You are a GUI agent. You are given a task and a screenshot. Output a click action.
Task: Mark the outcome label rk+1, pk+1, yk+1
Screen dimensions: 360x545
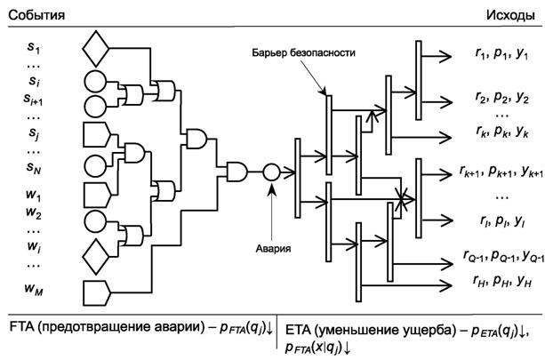point(498,169)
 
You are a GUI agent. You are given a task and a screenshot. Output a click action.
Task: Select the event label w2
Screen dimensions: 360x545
point(33,212)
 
